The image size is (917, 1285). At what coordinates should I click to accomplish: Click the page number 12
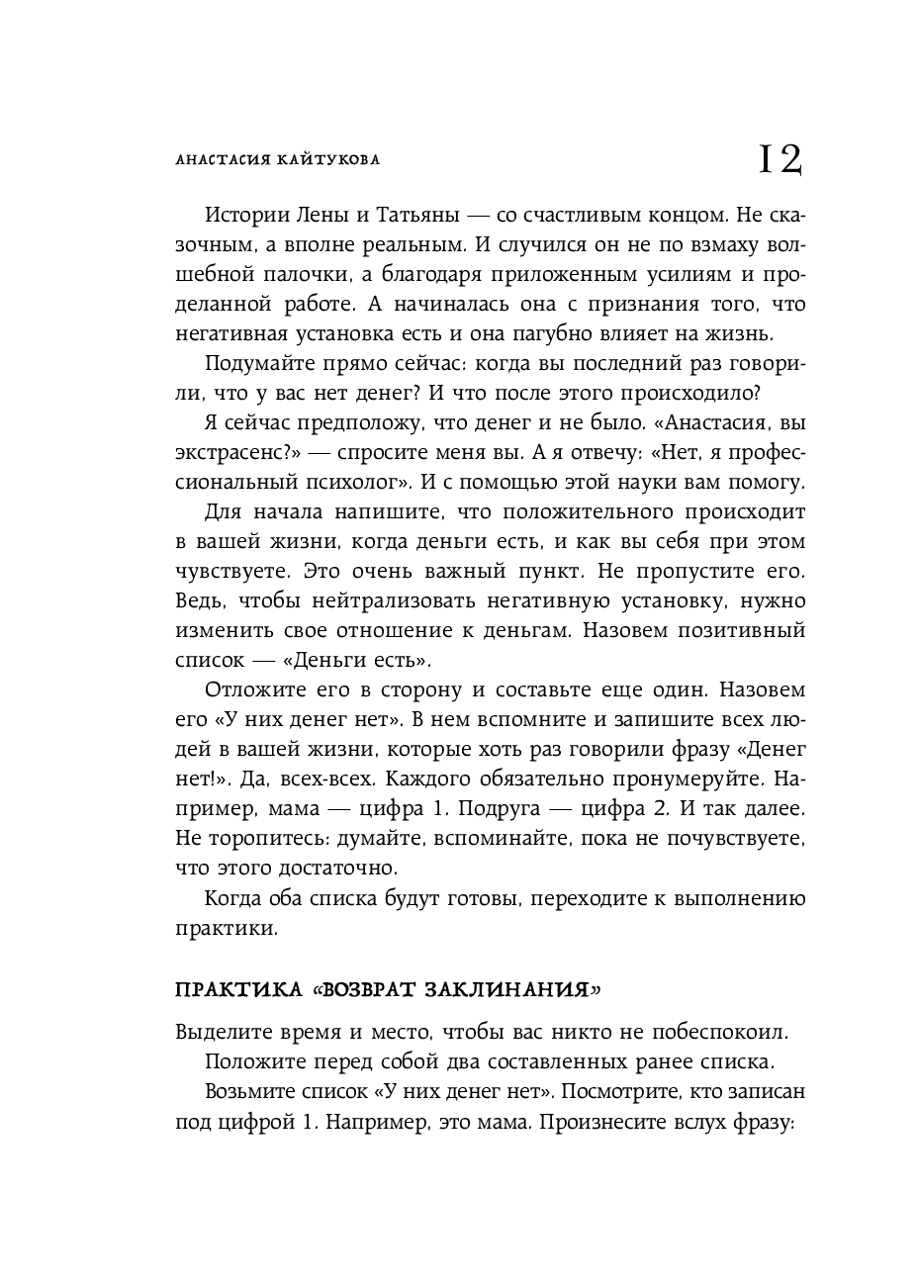pos(779,158)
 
